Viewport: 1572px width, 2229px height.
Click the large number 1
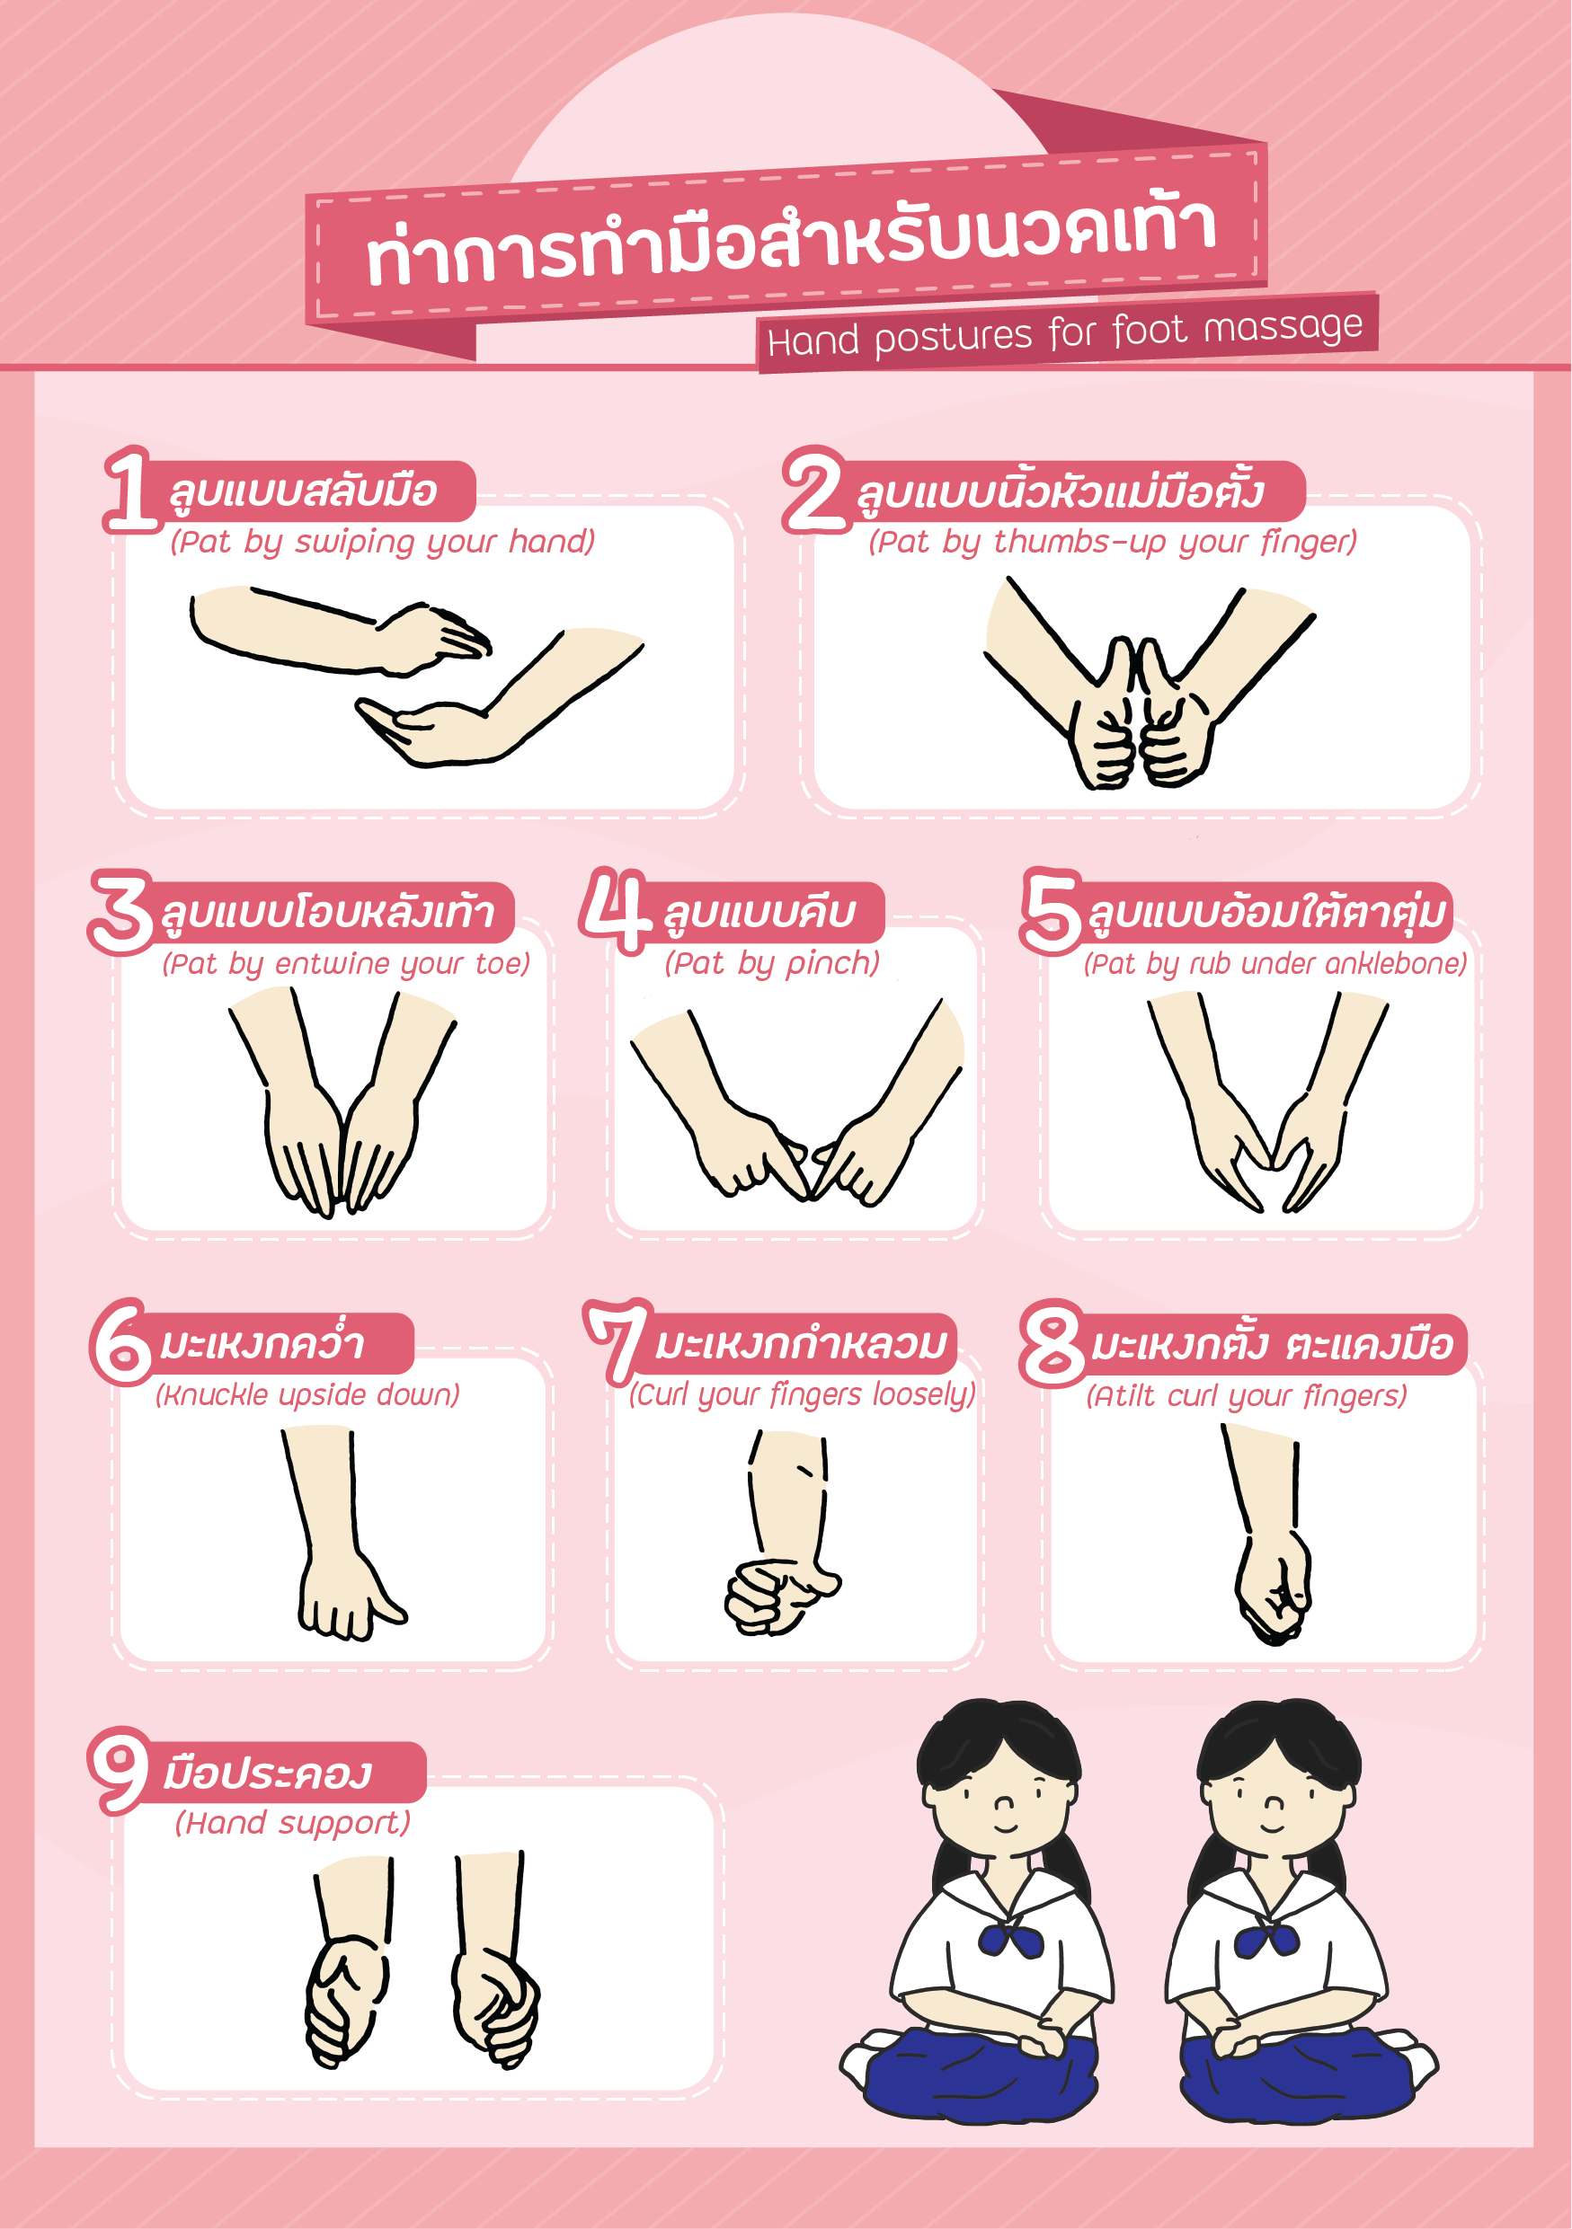coord(131,491)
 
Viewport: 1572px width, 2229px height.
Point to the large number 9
coord(120,1770)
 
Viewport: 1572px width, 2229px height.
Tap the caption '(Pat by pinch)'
coord(772,963)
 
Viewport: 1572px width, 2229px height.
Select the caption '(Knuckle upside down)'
coord(307,1395)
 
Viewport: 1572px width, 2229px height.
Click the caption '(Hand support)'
coord(292,1823)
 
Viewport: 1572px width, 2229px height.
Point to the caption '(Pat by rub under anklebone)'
coord(1274,963)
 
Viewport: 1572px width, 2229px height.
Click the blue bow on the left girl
coord(1010,1940)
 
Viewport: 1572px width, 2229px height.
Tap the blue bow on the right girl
coord(1266,1940)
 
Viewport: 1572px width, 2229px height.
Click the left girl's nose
coord(1004,1805)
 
